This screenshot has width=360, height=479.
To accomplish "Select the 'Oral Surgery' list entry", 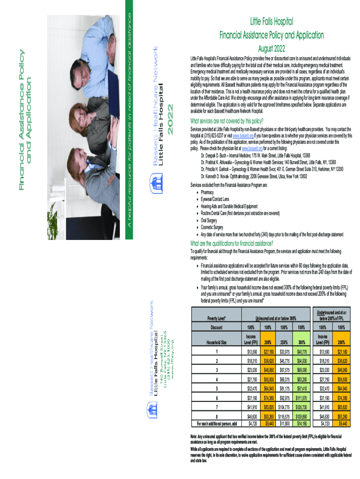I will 212,220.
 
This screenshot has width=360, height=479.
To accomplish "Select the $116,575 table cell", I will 284,415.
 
